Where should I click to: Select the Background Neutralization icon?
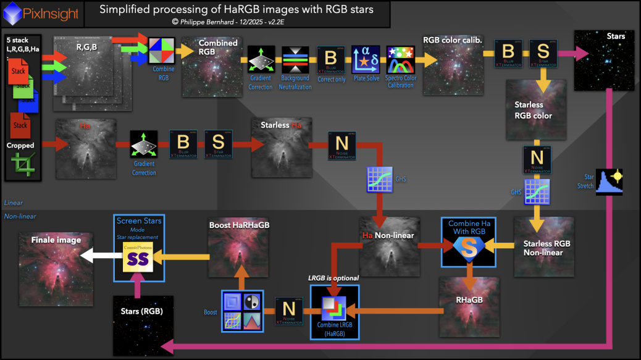(x=295, y=61)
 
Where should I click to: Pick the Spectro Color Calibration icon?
(x=400, y=60)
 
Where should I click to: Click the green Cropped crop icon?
(x=22, y=165)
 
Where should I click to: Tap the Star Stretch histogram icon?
(x=609, y=182)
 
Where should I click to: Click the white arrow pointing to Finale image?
(x=101, y=254)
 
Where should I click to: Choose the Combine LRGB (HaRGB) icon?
(x=333, y=310)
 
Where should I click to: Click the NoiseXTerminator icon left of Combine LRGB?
(x=288, y=311)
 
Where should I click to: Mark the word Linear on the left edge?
(x=13, y=203)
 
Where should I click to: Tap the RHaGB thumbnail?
(x=470, y=307)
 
